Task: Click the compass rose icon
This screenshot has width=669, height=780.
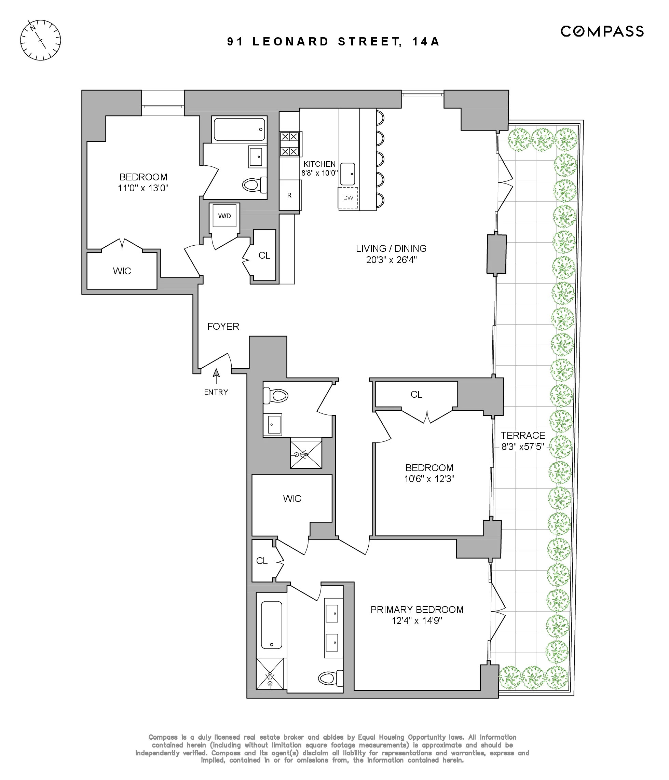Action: point(40,40)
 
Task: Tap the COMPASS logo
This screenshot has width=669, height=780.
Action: point(602,31)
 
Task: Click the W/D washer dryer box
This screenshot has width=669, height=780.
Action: point(224,216)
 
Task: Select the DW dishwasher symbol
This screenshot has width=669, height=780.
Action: point(348,197)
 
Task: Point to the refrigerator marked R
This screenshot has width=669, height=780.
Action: point(289,195)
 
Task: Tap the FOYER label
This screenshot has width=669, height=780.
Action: point(223,326)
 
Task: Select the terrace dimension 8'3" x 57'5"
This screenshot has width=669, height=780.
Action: point(522,447)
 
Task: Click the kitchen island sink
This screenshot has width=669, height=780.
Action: point(347,174)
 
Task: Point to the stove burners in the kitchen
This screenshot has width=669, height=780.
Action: point(289,144)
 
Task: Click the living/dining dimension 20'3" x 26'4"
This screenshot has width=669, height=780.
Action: point(391,260)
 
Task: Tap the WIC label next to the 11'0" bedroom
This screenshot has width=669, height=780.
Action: point(122,271)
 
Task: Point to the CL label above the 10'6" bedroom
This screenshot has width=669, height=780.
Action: point(417,395)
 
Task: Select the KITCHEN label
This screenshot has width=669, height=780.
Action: point(319,164)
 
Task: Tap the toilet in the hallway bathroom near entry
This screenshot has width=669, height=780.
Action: point(277,396)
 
